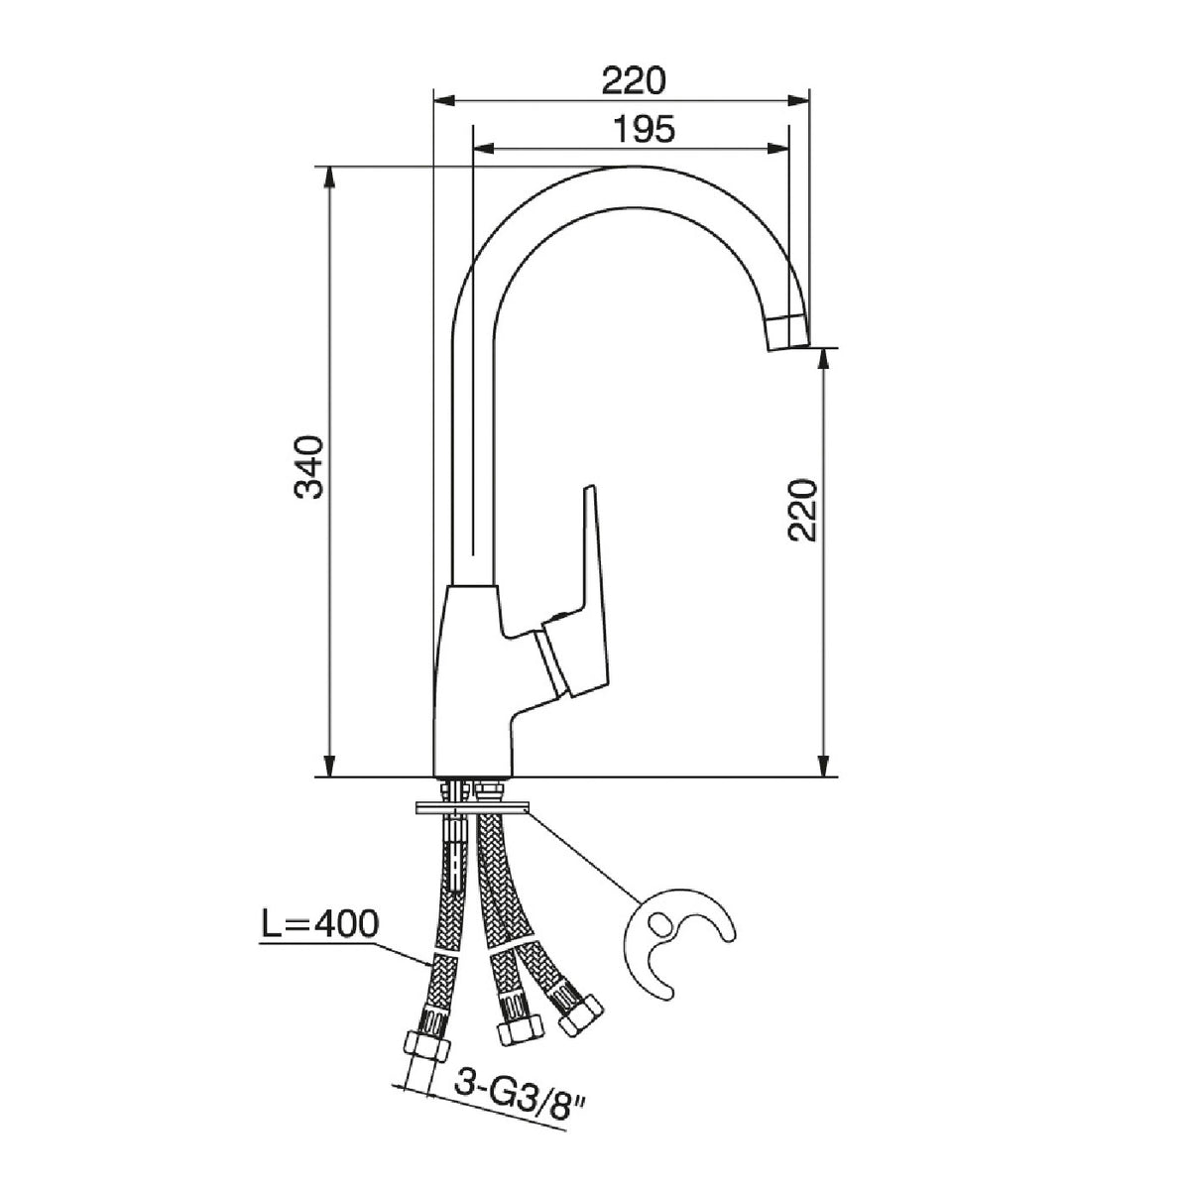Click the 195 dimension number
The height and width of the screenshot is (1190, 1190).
pos(645,130)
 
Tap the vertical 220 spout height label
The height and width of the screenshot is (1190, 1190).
pos(802,510)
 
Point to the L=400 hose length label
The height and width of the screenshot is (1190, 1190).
pos(319,942)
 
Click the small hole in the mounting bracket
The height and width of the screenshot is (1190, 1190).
pos(660,940)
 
